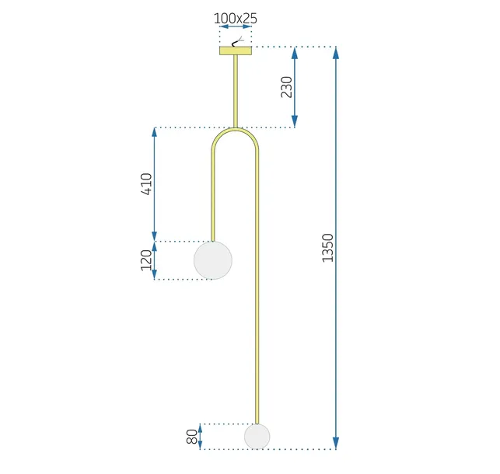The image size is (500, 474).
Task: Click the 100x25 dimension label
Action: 235,16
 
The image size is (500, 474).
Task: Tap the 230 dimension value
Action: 286,87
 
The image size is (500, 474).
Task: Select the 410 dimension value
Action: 146,185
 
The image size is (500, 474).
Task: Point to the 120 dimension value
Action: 146,260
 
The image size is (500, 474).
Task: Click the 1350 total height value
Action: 327,247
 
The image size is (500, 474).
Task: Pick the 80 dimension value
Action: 192,437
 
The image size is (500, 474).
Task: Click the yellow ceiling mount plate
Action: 235,51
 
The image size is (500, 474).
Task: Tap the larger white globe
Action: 212,260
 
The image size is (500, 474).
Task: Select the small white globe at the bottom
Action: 257,436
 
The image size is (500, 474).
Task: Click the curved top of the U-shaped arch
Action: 235,133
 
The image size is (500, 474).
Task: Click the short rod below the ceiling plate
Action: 235,89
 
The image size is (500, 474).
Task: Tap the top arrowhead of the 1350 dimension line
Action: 336,53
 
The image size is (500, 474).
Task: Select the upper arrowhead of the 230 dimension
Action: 295,53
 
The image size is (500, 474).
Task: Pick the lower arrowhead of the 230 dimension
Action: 295,122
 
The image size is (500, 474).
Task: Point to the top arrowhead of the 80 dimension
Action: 201,428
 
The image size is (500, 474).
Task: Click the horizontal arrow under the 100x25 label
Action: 235,27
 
